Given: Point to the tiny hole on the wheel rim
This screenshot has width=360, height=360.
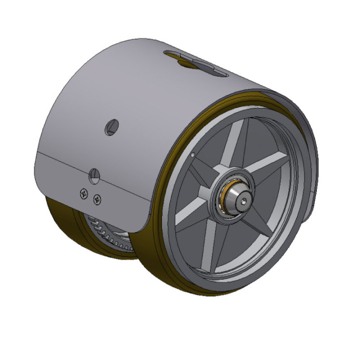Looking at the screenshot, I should [193, 155].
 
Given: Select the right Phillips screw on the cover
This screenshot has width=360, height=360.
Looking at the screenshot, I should [96, 198].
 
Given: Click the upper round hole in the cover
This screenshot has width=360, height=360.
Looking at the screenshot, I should [110, 128].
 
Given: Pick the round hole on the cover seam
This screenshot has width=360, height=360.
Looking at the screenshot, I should [93, 175].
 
